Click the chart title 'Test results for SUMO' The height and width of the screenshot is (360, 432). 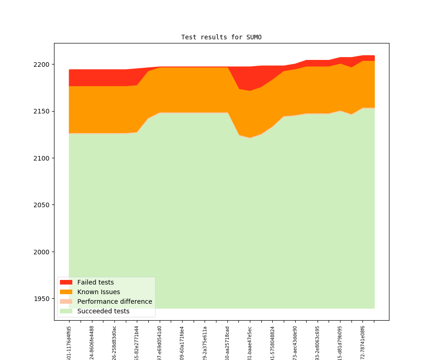coord(221,37)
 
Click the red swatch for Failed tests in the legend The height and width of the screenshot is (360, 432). coord(66,282)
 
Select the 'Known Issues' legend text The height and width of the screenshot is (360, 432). coord(98,292)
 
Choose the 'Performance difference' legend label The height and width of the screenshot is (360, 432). coord(114,301)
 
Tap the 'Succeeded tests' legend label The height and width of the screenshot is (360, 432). coord(103,311)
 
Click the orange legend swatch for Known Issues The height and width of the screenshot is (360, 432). coord(66,292)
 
